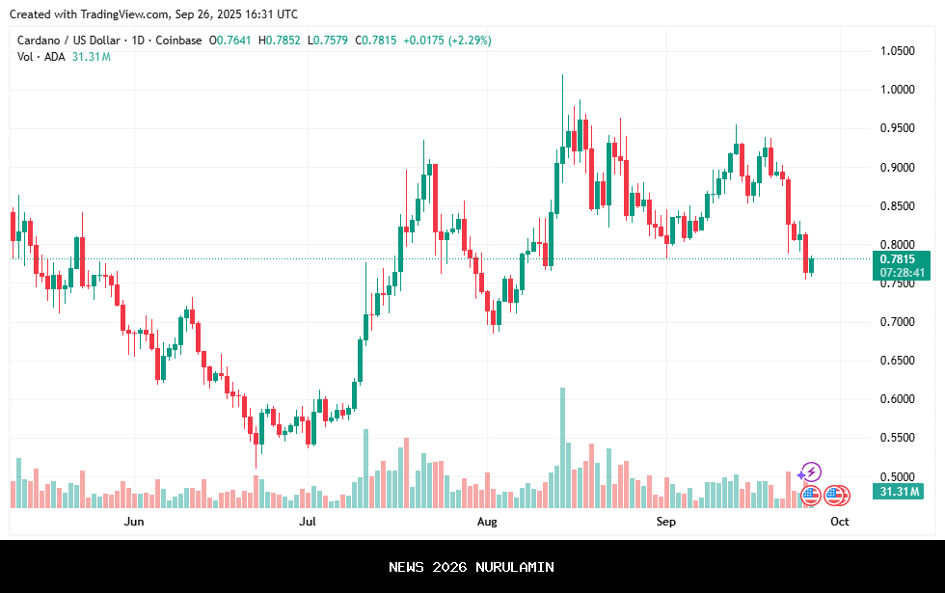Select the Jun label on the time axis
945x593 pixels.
coord(134,522)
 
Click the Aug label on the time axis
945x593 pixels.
coord(487,522)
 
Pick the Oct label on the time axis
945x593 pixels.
coord(840,522)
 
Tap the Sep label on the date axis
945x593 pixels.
coord(666,522)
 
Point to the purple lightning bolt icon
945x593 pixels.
coord(811,472)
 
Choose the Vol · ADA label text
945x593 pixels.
coord(41,57)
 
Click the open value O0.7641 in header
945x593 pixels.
coord(230,40)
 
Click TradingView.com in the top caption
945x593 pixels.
coord(124,13)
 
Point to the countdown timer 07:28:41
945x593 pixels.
coord(901,273)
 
